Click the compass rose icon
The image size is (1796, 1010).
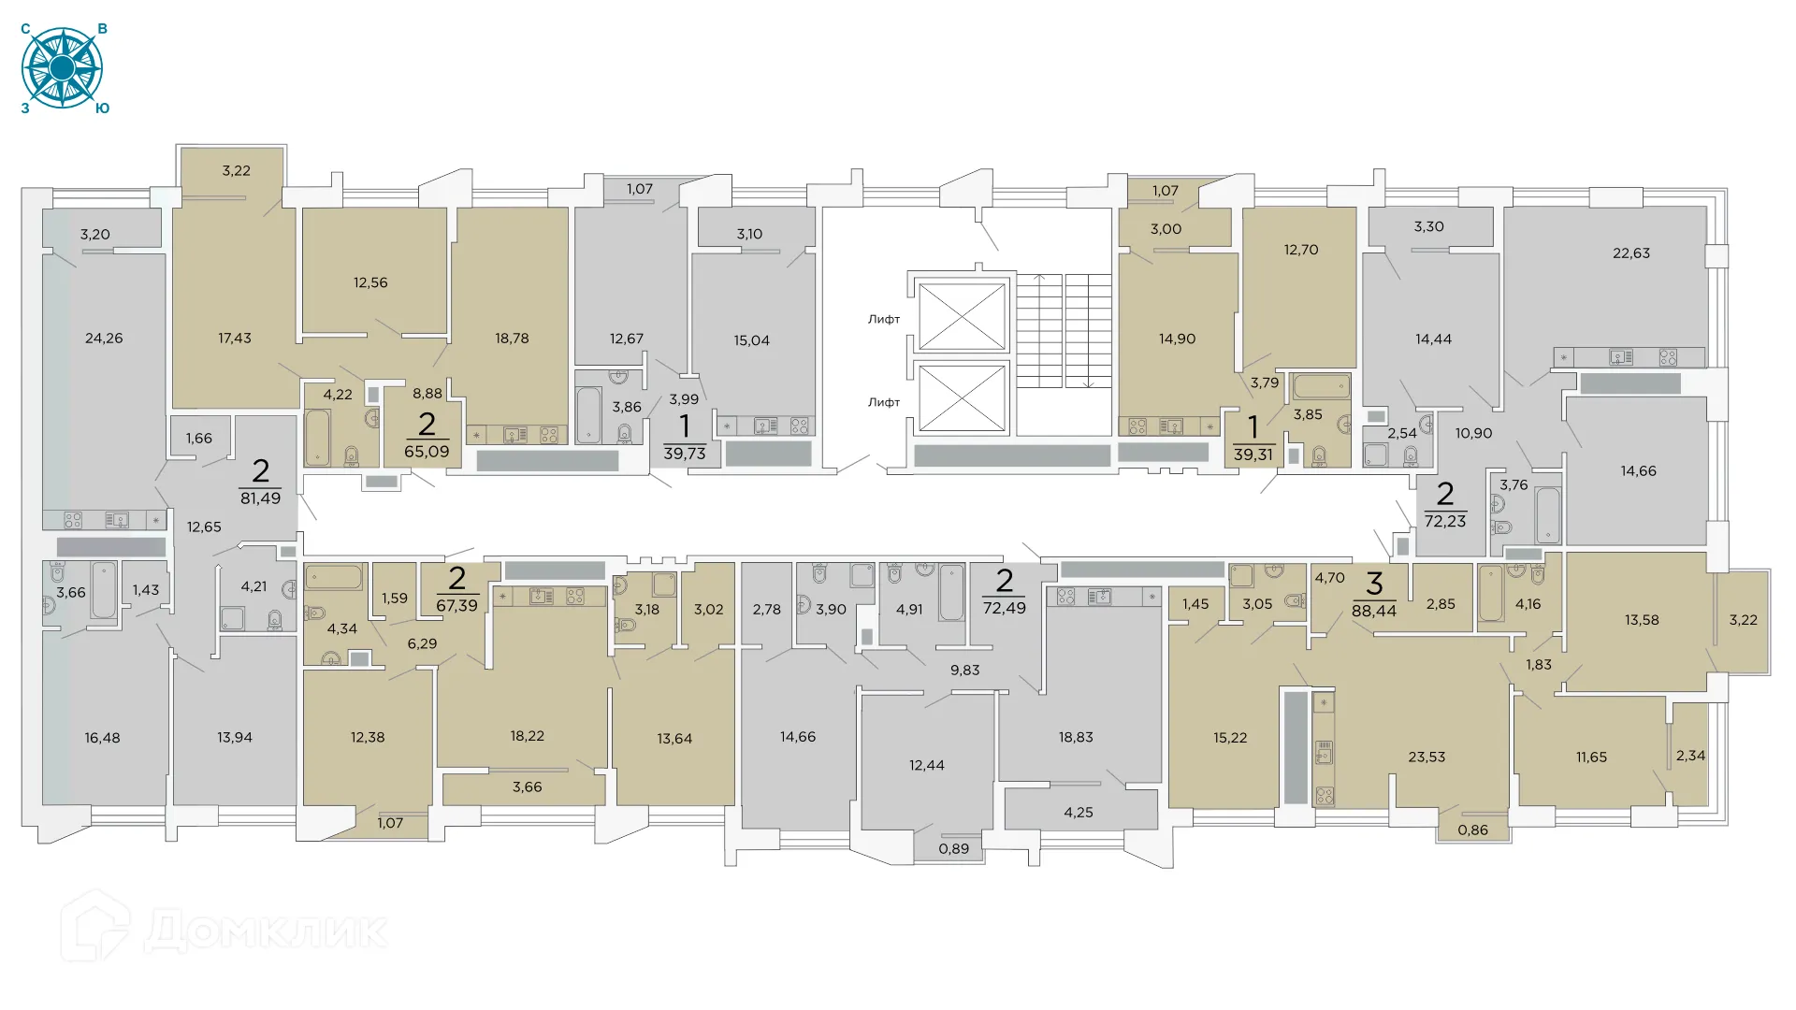62,67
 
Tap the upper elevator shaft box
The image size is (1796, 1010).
962,316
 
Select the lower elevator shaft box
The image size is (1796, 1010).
962,397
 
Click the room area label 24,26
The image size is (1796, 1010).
104,339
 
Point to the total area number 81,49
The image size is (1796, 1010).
260,498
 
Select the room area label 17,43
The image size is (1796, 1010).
235,339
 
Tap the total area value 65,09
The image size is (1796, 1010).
427,452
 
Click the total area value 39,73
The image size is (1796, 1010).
685,454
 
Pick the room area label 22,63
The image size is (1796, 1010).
1631,253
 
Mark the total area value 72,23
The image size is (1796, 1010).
1445,521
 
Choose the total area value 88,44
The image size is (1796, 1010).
1373,611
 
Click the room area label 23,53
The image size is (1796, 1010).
1427,757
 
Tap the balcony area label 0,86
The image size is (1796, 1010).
1472,830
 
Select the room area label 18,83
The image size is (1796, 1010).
1076,738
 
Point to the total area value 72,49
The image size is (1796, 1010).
1004,608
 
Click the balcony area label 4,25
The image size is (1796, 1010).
1078,813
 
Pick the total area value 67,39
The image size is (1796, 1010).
456,606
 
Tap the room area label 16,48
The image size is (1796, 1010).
102,739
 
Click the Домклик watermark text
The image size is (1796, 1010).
266,931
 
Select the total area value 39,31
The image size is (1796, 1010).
1253,454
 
